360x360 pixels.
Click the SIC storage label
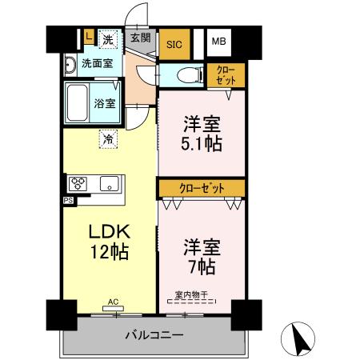[173, 46]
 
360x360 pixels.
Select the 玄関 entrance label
[141, 37]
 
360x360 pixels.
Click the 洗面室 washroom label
[97, 62]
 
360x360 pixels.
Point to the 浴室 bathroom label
[105, 103]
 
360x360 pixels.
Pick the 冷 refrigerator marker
[108, 139]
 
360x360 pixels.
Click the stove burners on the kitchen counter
[80, 184]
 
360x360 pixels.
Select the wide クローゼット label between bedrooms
[201, 188]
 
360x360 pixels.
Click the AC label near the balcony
[113, 302]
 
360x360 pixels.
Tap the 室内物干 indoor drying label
[190, 294]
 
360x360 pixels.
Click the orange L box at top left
[87, 36]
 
